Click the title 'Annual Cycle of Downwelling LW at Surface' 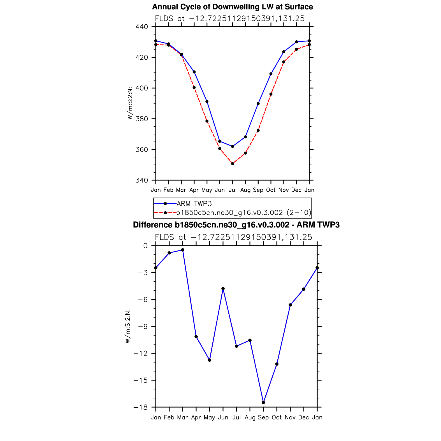click(232, 7)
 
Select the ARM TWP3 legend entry click(194, 204)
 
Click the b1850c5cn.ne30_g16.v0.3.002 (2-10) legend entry click(243, 213)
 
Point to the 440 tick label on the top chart click(141, 27)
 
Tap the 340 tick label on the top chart click(141, 180)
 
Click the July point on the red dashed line click(233, 164)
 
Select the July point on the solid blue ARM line click(233, 146)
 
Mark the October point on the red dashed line click(271, 94)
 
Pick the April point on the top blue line click(194, 72)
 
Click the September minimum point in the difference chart click(263, 403)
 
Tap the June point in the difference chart click(223, 289)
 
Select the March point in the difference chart click(183, 250)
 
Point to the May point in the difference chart click(210, 360)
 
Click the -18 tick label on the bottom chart click(140, 407)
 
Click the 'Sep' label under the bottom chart click(263, 417)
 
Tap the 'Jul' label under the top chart click(233, 190)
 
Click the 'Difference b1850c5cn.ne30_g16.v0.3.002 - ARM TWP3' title click(236, 225)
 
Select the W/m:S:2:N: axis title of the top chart click(130, 103)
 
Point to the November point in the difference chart click(290, 305)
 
